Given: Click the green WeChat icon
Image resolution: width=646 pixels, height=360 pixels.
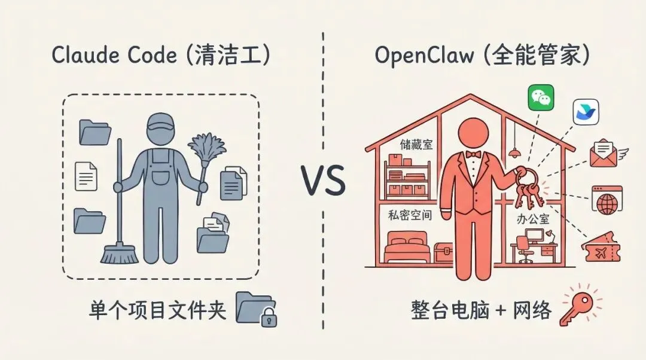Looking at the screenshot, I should pyautogui.click(x=541, y=97).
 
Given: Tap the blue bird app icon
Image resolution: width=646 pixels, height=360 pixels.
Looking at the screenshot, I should pyautogui.click(x=586, y=112).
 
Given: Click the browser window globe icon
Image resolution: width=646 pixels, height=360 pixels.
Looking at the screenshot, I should pyautogui.click(x=607, y=199).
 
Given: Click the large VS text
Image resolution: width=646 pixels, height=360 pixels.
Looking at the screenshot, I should pyautogui.click(x=323, y=182).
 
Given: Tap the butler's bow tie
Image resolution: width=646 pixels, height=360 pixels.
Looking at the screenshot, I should pyautogui.click(x=474, y=154).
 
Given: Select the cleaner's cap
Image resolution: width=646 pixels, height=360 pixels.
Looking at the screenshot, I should pyautogui.click(x=160, y=123).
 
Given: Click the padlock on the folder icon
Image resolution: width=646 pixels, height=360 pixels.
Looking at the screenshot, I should pyautogui.click(x=266, y=318).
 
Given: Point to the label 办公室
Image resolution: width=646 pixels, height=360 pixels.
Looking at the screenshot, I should pyautogui.click(x=533, y=219).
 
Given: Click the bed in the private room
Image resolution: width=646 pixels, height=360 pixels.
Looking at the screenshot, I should pyautogui.click(x=407, y=249).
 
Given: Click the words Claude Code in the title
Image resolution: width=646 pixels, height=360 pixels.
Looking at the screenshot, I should pyautogui.click(x=114, y=56).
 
